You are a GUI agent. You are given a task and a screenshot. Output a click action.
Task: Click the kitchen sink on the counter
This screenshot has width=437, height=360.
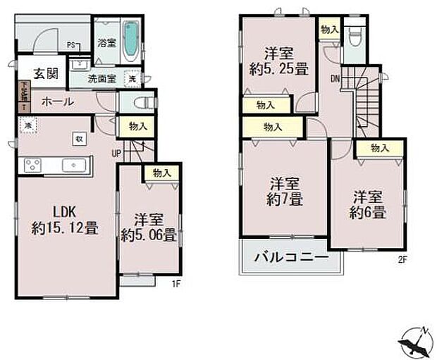pos(73,165)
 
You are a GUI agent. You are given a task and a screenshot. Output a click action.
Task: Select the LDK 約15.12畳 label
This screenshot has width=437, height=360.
pos(63,219)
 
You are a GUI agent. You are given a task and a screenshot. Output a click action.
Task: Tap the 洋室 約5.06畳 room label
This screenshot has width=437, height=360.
pos(147,227)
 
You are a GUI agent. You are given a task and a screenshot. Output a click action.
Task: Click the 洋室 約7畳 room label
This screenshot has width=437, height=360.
pos(284,191)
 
